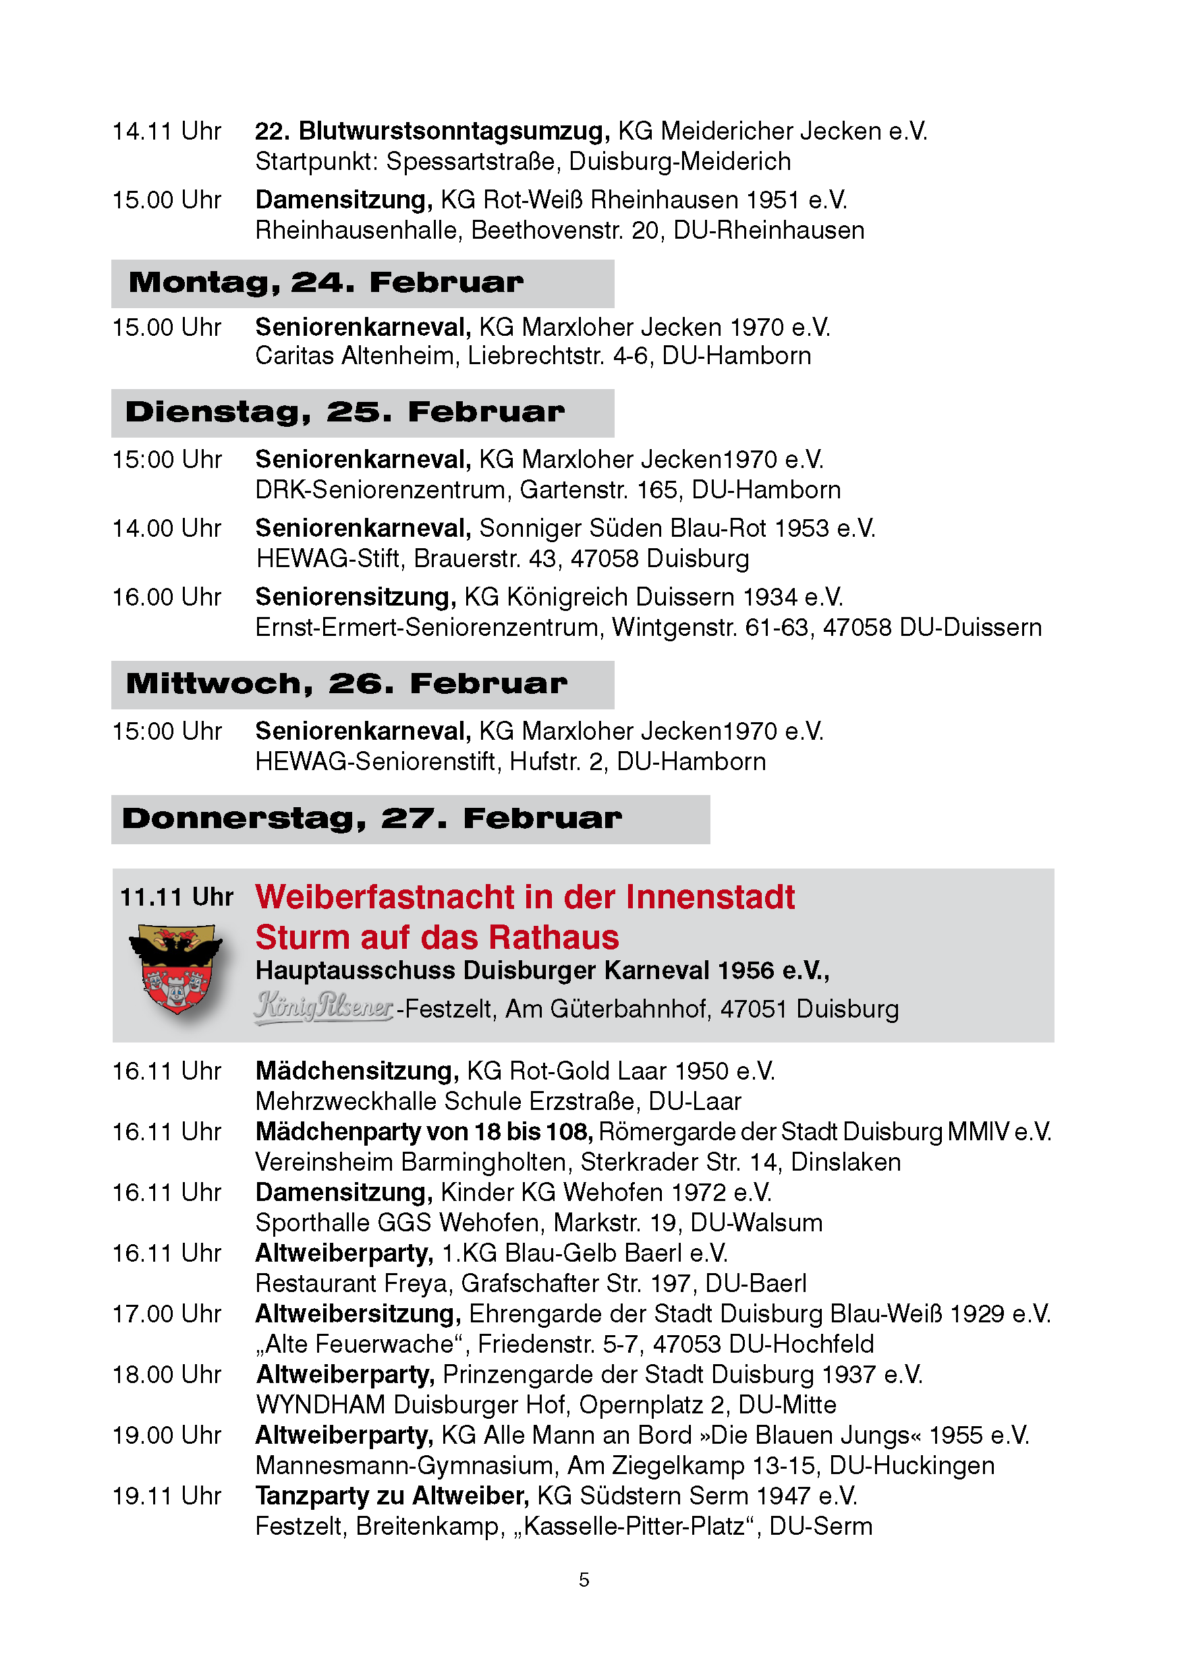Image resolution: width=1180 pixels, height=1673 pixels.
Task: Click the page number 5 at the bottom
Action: [x=584, y=1580]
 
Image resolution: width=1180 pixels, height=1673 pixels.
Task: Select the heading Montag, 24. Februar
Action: [x=326, y=283]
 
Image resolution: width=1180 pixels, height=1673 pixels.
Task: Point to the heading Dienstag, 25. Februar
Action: [x=345, y=413]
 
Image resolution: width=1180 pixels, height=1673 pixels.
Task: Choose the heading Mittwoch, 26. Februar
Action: [x=346, y=684]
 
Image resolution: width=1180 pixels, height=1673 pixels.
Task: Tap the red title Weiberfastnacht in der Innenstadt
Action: [x=525, y=897]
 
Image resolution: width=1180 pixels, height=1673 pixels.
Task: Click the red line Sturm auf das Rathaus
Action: [x=437, y=938]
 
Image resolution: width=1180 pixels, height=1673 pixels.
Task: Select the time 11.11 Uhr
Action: [x=176, y=897]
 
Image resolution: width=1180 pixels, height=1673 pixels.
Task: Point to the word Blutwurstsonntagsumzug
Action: [x=455, y=131]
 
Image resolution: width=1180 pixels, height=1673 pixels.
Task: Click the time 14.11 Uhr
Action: [x=166, y=131]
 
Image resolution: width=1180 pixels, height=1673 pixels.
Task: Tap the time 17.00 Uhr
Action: [x=166, y=1314]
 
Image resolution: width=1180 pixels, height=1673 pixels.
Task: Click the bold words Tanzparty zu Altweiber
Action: [x=391, y=1496]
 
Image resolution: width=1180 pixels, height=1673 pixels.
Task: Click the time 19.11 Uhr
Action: [x=166, y=1496]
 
